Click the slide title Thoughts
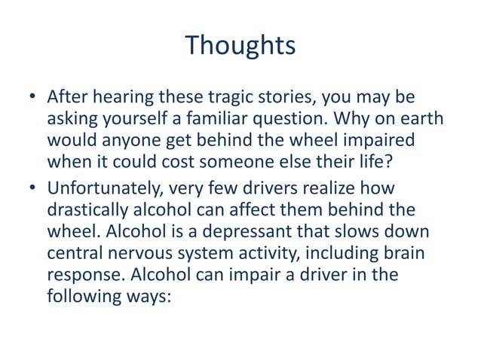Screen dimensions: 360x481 [x=240, y=46]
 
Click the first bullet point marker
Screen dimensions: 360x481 [x=33, y=99]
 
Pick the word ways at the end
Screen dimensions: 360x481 [x=151, y=297]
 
